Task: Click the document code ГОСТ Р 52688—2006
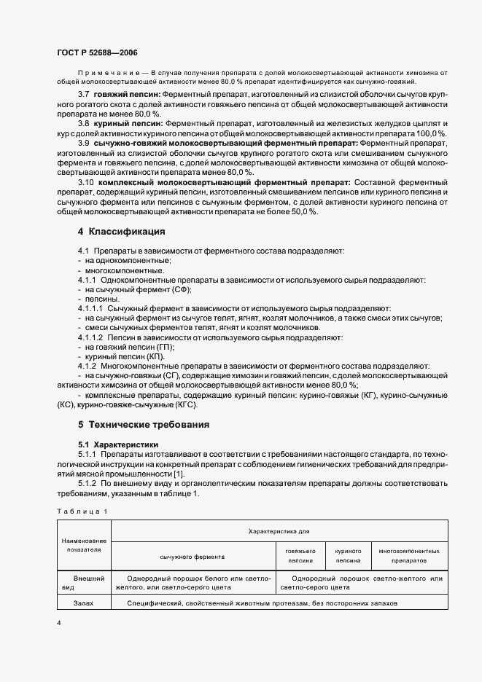click(x=96, y=53)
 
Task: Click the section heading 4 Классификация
click(x=121, y=232)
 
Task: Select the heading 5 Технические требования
click(x=144, y=424)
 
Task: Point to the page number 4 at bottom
click(x=59, y=624)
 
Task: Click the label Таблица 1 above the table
click(x=82, y=511)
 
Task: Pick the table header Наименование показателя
click(x=84, y=545)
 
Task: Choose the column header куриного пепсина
click(x=348, y=556)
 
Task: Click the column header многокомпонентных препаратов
click(x=409, y=556)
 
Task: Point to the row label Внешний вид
click(x=84, y=583)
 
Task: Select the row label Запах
click(x=84, y=604)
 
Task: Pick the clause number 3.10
click(x=86, y=181)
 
